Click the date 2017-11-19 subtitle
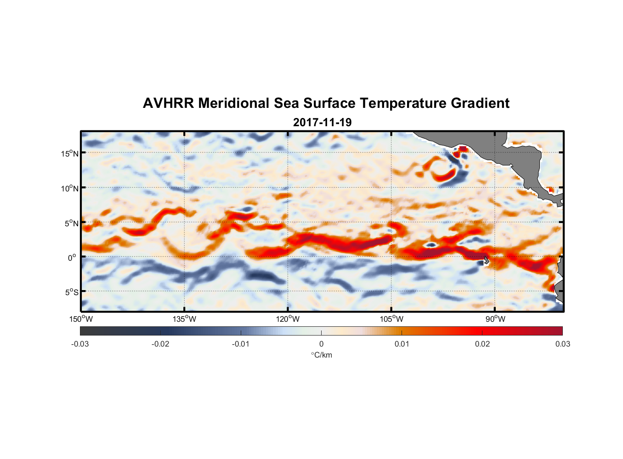[322, 123]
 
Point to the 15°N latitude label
[69, 153]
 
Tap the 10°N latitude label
[69, 188]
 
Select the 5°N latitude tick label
[71, 223]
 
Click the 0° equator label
[72, 257]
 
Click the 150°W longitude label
[81, 319]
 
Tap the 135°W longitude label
[184, 319]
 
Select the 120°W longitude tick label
[288, 319]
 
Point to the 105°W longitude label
[391, 319]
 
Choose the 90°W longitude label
[495, 319]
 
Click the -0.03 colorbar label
[80, 344]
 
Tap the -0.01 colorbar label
[241, 344]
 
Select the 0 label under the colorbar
[321, 344]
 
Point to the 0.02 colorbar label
[482, 344]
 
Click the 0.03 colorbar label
[562, 344]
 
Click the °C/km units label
[321, 355]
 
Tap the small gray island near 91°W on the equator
[486, 260]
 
